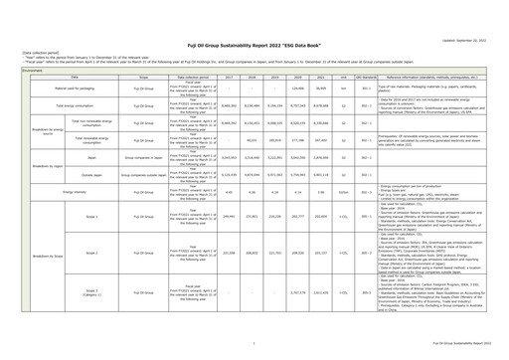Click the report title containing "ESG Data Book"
(254, 31)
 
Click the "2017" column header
(202, 80)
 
